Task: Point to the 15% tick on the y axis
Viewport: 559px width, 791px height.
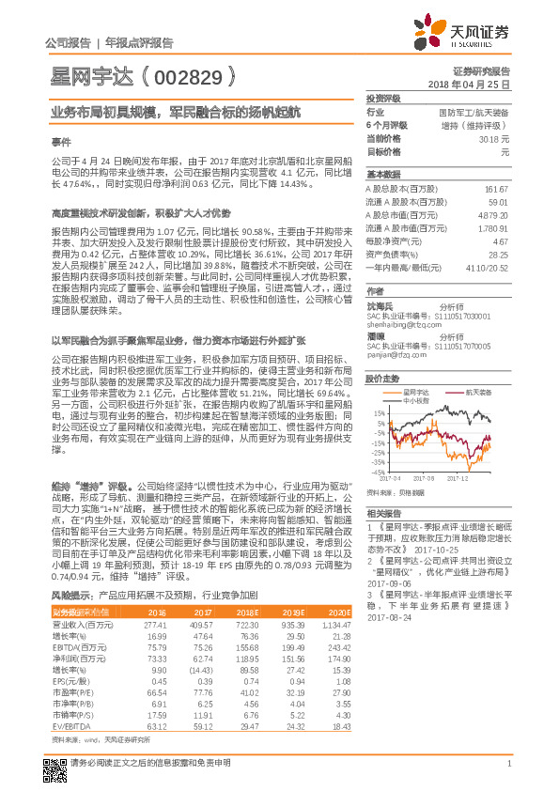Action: click(377, 412)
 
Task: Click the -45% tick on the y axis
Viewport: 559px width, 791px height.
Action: click(377, 473)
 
